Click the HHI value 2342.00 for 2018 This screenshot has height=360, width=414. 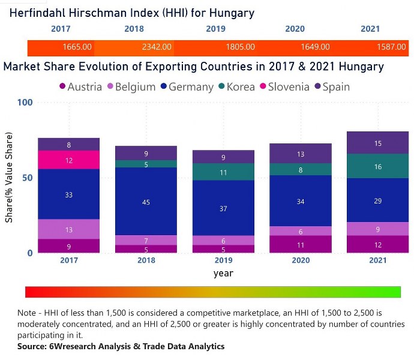pyautogui.click(x=158, y=47)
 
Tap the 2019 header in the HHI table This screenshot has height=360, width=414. pyautogui.click(x=215, y=29)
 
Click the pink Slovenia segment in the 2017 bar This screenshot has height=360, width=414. pyautogui.click(x=69, y=160)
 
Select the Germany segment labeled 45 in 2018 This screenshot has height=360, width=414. pyautogui.click(x=146, y=202)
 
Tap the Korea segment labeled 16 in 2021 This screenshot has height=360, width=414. pyautogui.click(x=377, y=167)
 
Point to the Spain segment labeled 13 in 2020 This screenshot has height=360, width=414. pyautogui.click(x=301, y=154)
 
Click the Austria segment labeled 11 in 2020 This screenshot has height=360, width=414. pyautogui.click(x=301, y=244)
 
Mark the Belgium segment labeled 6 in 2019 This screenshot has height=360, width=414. pyautogui.click(x=223, y=241)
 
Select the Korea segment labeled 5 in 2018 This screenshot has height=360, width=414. pyautogui.click(x=146, y=164)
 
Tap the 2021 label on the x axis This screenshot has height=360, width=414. pyautogui.click(x=377, y=260)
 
